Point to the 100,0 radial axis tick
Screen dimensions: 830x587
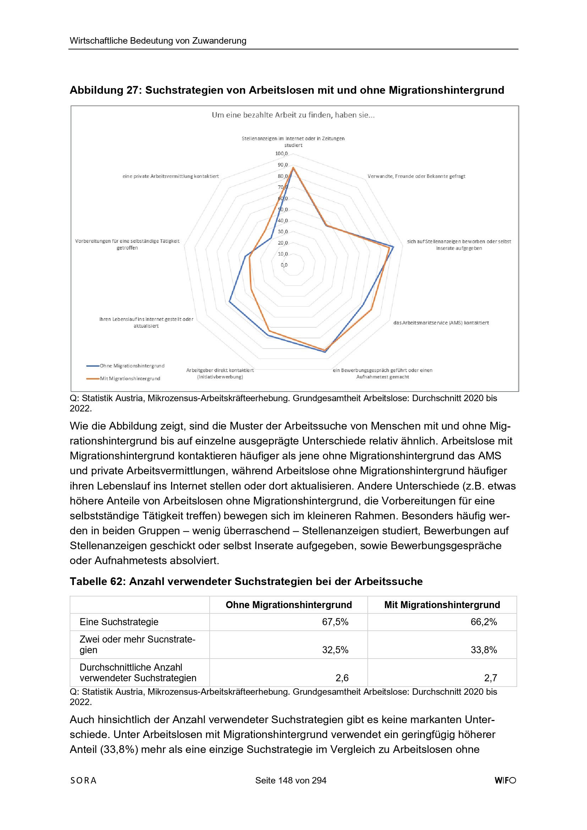pos(281,154)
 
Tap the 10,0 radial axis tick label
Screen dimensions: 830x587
pos(282,254)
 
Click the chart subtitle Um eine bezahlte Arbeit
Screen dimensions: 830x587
pos(293,115)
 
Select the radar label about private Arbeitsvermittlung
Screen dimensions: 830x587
pos(171,176)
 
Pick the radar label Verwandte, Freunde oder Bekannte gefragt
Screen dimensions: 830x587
pos(416,176)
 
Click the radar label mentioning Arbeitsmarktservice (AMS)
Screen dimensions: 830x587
pos(441,323)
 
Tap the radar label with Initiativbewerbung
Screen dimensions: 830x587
pos(220,373)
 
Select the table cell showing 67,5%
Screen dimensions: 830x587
pos(335,622)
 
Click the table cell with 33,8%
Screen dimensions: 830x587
pos(484,650)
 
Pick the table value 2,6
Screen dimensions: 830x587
pos(342,678)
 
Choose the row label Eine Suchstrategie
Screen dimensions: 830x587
pos(119,622)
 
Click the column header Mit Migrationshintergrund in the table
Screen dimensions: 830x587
pos(442,605)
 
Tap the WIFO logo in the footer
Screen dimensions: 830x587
pos(505,780)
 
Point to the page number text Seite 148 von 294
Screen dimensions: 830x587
pos(291,780)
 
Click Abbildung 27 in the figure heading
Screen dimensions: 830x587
pos(104,90)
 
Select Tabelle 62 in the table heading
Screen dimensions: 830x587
pos(98,581)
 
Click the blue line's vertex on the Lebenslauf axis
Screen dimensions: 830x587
pos(230,301)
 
